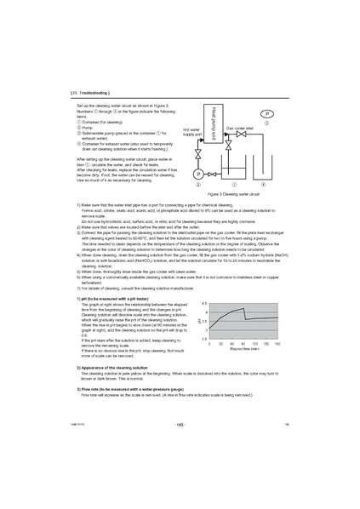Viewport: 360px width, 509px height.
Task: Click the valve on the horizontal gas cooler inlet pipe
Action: [242, 134]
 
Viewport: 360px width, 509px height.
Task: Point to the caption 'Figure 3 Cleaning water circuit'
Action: [233, 193]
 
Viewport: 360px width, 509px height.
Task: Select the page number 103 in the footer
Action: [180, 472]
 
